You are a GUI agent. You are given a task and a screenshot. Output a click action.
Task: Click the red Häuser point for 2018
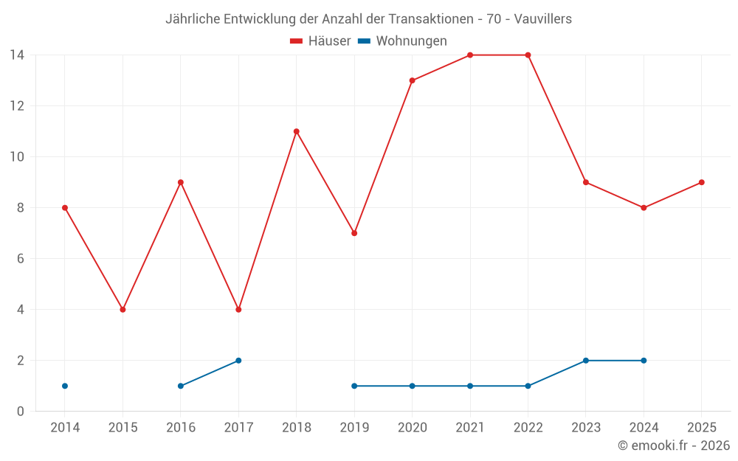pyautogui.click(x=296, y=131)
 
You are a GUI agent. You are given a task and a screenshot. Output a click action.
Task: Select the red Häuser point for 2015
pyautogui.click(x=123, y=310)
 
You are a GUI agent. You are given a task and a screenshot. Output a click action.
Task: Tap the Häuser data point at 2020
pyautogui.click(x=412, y=80)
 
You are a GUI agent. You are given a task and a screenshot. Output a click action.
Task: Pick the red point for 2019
pyautogui.click(x=354, y=233)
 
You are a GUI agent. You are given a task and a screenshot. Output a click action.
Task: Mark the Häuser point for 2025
pyautogui.click(x=701, y=182)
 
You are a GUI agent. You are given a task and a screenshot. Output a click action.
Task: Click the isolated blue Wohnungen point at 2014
pyautogui.click(x=65, y=386)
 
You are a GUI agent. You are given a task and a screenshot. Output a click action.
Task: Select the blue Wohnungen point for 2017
pyautogui.click(x=238, y=361)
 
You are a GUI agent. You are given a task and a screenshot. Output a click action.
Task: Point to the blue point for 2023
pyautogui.click(x=585, y=361)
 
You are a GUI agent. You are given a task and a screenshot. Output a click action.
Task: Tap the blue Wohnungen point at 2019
pyautogui.click(x=354, y=386)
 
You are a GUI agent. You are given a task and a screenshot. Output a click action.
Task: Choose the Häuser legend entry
pyautogui.click(x=321, y=41)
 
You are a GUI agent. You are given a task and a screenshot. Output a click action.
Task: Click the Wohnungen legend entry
pyautogui.click(x=403, y=41)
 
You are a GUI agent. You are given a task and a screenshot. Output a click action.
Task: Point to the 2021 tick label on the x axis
pyautogui.click(x=469, y=427)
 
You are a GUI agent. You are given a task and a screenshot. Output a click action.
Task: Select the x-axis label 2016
pyautogui.click(x=181, y=427)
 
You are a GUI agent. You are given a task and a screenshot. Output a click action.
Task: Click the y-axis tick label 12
pyautogui.click(x=17, y=106)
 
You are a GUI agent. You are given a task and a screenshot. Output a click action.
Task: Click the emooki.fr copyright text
pyautogui.click(x=673, y=446)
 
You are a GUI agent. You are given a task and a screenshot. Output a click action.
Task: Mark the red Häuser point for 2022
pyautogui.click(x=528, y=55)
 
